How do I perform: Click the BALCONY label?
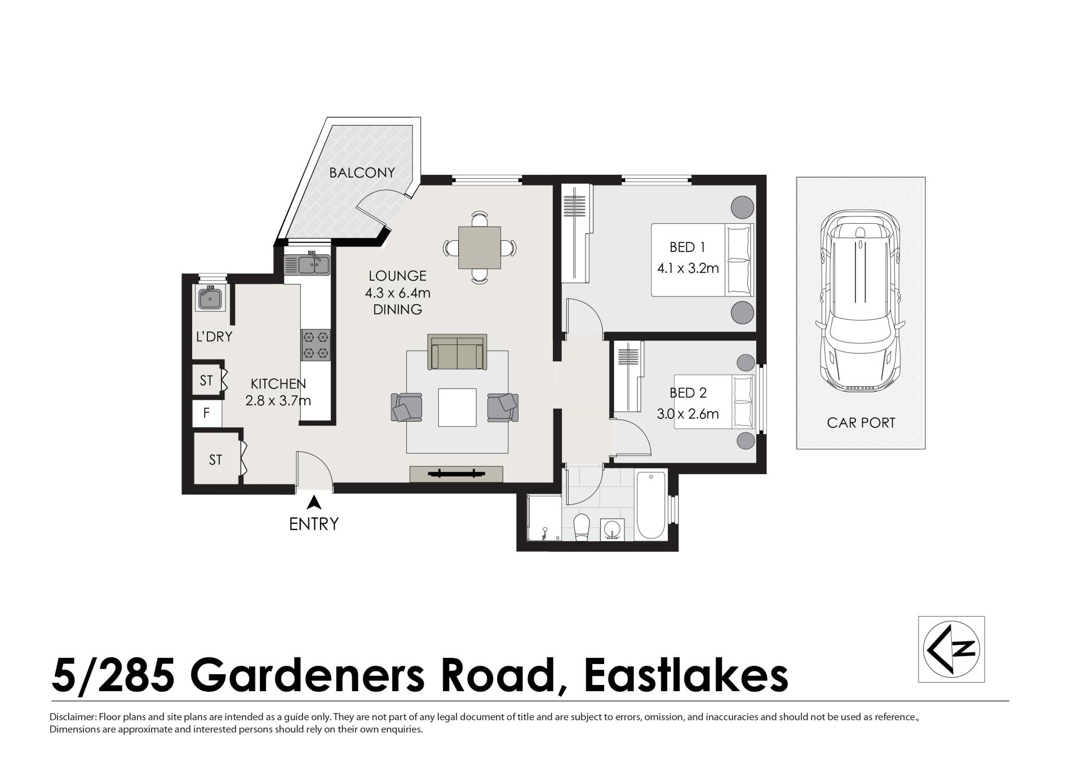(x=362, y=173)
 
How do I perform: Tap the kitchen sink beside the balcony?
(x=307, y=264)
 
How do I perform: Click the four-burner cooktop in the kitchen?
(x=316, y=345)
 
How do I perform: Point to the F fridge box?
(x=207, y=413)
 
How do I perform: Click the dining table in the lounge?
(x=480, y=247)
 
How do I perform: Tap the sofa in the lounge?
(x=457, y=352)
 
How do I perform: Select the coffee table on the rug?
(x=457, y=408)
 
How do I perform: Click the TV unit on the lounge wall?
(x=456, y=474)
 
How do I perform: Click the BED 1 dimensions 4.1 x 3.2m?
(x=688, y=268)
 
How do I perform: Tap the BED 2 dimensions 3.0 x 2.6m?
(x=688, y=414)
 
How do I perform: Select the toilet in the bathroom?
(x=580, y=527)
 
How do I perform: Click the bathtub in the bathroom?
(x=651, y=506)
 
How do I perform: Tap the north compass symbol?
(x=952, y=649)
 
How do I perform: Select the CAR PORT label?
(x=861, y=423)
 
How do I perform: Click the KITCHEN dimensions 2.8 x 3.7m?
(x=278, y=401)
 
